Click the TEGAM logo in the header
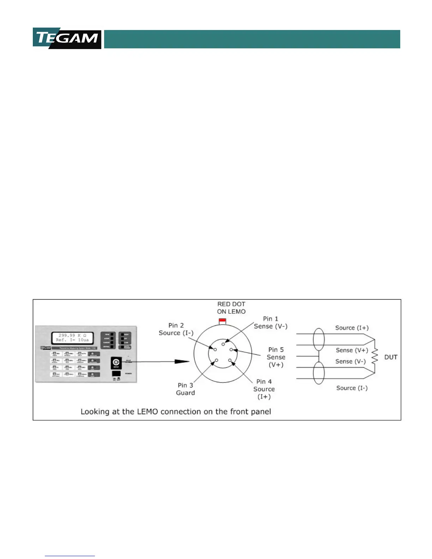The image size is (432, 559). coord(67,38)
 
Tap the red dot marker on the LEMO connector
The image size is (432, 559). coord(222,320)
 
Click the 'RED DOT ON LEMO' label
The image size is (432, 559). coord(231,308)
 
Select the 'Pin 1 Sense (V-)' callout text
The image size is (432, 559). coord(271,323)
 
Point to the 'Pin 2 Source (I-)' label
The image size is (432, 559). coord(176,329)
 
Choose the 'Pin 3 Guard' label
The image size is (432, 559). coord(185,389)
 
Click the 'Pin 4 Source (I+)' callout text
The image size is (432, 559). coord(264,389)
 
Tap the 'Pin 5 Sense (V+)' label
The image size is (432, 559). coord(276,357)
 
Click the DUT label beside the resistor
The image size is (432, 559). coord(391,357)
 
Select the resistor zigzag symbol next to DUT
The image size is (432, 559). coord(375,356)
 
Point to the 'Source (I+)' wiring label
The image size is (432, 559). coord(352,328)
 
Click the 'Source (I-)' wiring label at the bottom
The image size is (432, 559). coord(352,388)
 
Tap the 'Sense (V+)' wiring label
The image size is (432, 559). coord(352,350)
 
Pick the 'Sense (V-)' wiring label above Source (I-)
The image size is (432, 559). coord(350,361)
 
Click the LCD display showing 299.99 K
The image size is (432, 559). coord(72,338)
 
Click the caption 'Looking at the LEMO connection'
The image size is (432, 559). coord(176,411)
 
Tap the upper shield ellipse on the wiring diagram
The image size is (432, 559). coord(319,339)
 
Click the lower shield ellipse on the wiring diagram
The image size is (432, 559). coord(319,373)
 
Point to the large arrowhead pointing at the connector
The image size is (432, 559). coord(182,361)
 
